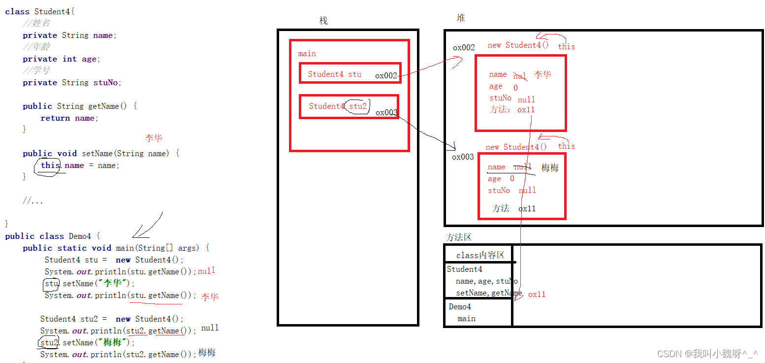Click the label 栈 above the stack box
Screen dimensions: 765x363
(323, 21)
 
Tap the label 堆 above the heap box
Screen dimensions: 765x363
(461, 18)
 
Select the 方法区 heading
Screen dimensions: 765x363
(459, 237)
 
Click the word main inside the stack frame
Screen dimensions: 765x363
(307, 54)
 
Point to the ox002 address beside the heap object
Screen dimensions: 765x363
(464, 48)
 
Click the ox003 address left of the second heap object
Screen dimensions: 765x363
(463, 157)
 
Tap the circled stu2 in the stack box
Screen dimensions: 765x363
(358, 106)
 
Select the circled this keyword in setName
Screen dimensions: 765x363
(50, 165)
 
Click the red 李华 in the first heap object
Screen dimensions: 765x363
(542, 75)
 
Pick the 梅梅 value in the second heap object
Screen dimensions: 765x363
(550, 168)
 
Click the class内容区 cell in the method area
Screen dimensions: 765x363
(480, 255)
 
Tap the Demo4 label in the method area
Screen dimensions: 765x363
(460, 307)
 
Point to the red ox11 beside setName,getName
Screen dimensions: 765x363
(537, 295)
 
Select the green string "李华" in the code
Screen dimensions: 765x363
(113, 283)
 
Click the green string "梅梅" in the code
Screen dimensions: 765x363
(113, 342)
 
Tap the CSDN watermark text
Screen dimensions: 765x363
(707, 354)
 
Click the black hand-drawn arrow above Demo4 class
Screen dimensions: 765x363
(148, 226)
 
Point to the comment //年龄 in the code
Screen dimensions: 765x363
(36, 47)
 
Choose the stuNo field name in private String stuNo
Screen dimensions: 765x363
(105, 83)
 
